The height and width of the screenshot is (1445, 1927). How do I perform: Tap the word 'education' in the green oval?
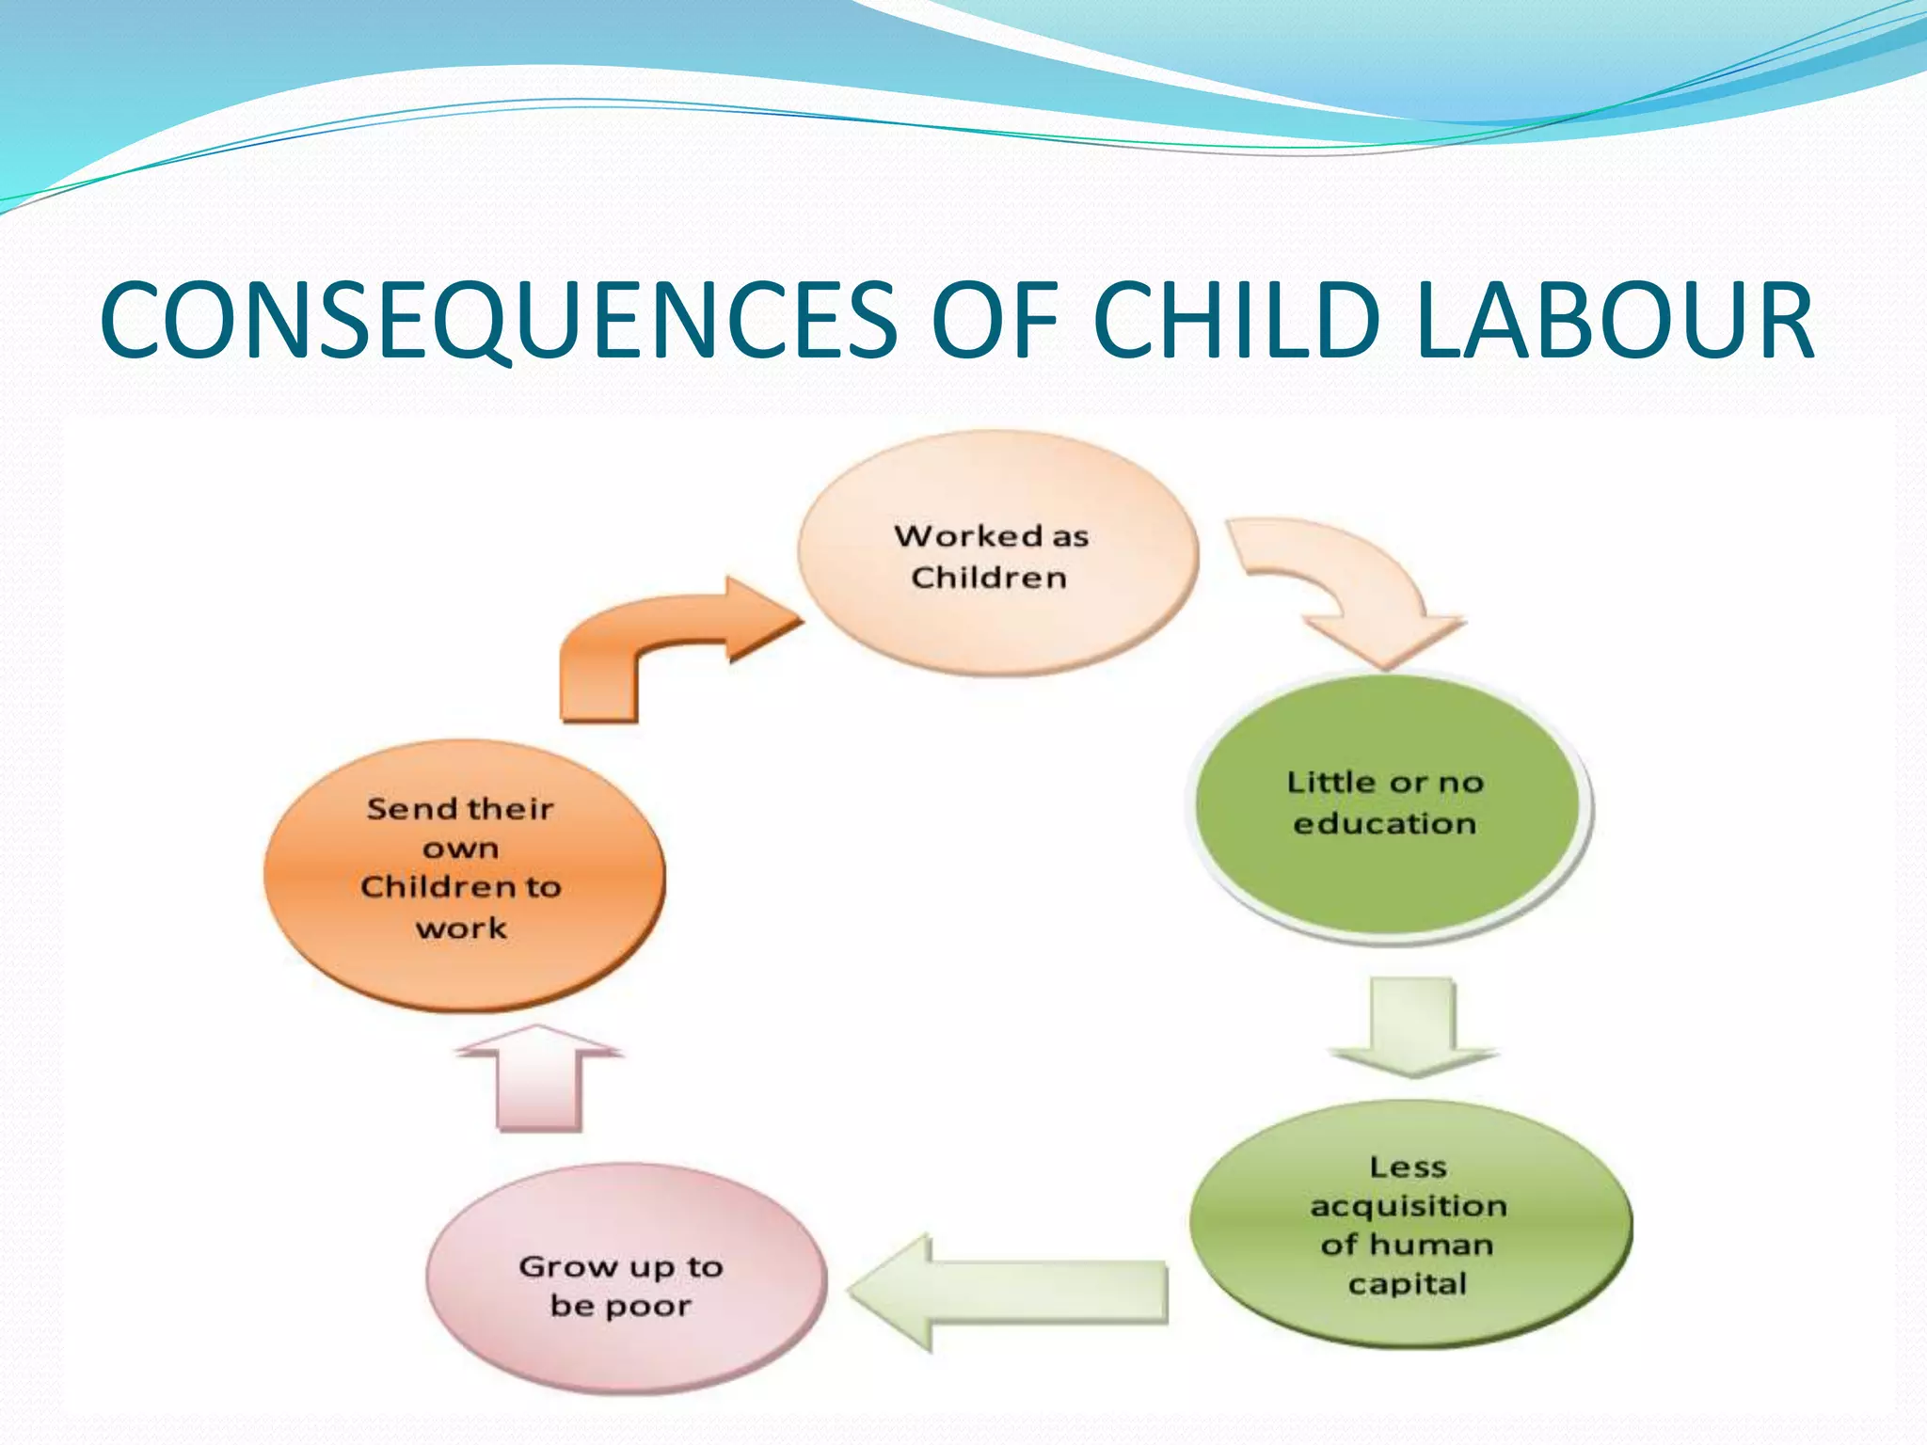click(x=1384, y=824)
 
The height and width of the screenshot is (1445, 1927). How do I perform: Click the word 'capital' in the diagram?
click(x=1407, y=1284)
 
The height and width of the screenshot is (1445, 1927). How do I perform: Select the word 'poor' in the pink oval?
click(x=649, y=1307)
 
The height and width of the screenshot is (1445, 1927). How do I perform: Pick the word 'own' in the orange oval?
click(x=460, y=849)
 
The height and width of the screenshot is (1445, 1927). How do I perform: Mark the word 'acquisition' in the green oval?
click(x=1409, y=1207)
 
